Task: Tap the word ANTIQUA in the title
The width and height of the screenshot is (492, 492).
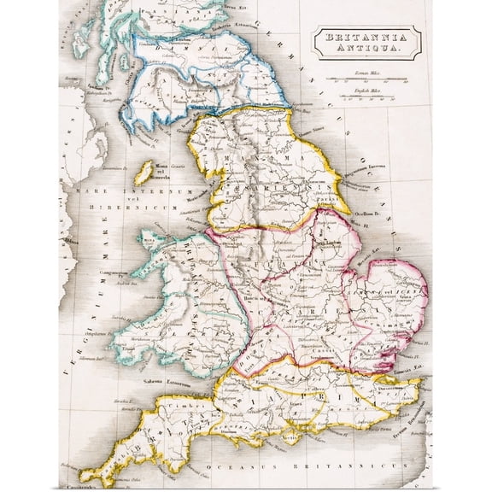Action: pos(366,51)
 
